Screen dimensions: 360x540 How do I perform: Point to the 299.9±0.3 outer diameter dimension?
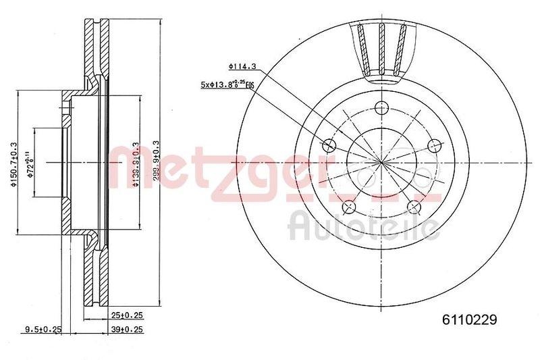point(156,162)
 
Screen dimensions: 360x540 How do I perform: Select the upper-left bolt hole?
point(330,145)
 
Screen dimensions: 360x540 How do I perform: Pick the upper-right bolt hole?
point(434,145)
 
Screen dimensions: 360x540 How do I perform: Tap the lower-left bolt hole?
point(350,207)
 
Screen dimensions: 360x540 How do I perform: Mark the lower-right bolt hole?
point(414,207)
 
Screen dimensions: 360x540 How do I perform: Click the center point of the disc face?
point(382,163)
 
